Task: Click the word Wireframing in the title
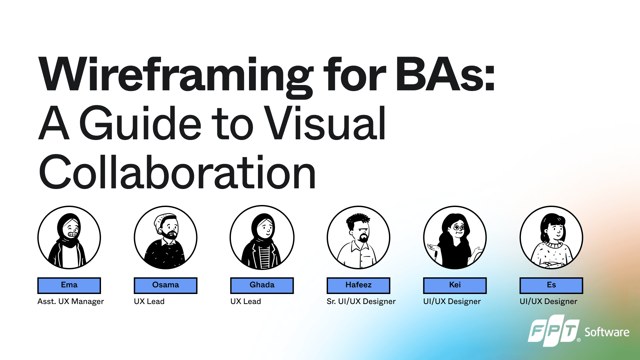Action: (176, 76)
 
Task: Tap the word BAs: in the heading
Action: (445, 74)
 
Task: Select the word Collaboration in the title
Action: (177, 172)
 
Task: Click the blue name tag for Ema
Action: (69, 285)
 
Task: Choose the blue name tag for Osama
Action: (165, 285)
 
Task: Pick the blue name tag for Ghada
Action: (262, 285)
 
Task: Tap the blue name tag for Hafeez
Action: (358, 285)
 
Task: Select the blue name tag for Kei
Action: (455, 285)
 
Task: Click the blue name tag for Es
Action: (551, 285)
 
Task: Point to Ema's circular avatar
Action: (69, 237)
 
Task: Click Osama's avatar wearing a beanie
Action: (165, 237)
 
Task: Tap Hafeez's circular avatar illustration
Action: (358, 237)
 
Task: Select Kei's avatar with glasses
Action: (455, 237)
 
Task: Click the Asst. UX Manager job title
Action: (71, 301)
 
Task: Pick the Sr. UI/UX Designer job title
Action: (361, 301)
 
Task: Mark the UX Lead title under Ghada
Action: (246, 301)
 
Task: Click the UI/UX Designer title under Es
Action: (548, 301)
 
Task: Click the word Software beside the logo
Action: (607, 332)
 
